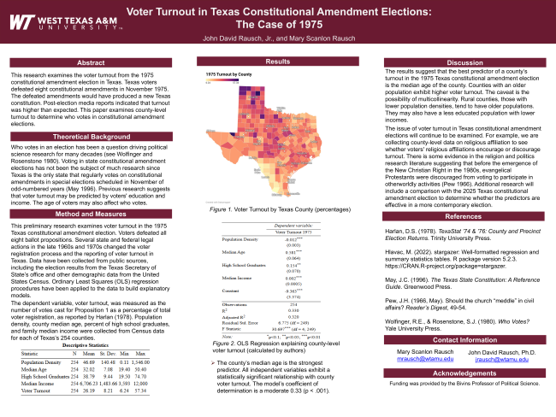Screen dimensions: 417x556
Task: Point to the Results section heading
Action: click(x=277, y=62)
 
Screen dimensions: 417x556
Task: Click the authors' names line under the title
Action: click(x=277, y=38)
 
